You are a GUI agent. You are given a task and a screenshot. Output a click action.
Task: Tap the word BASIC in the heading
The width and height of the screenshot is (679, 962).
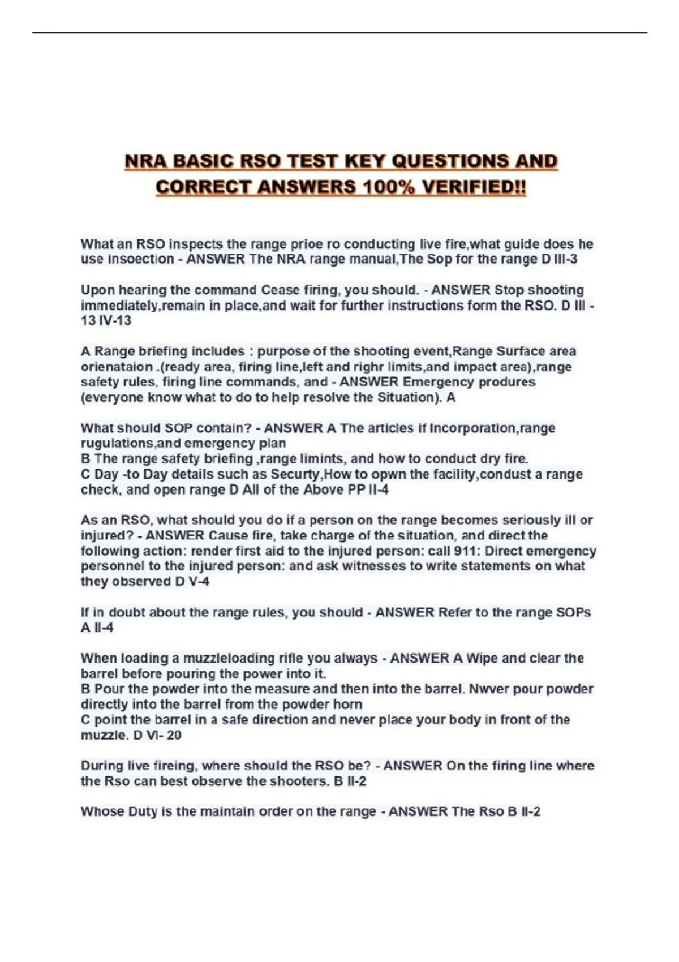(x=203, y=161)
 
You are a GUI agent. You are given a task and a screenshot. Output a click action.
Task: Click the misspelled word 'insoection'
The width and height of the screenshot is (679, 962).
(x=141, y=260)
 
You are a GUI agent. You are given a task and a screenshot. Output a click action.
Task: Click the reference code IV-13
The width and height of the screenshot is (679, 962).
(x=115, y=321)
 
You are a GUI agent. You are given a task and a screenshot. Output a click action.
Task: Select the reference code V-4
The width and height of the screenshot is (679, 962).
(x=199, y=582)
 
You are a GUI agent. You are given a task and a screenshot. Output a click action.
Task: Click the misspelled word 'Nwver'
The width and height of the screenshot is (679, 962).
(x=488, y=689)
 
